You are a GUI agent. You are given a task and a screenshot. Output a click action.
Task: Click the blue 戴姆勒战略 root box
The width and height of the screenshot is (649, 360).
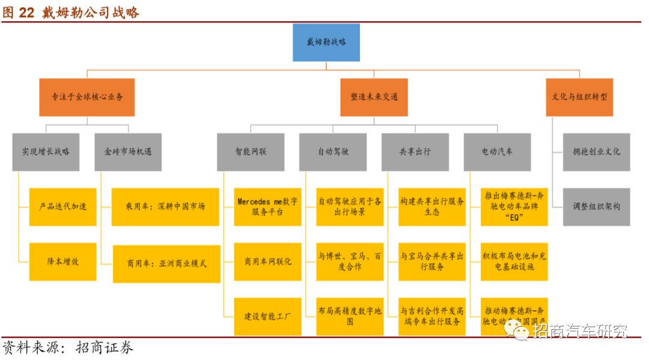pyautogui.click(x=326, y=42)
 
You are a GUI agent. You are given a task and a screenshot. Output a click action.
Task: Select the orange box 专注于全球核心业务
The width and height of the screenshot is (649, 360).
pyautogui.click(x=87, y=96)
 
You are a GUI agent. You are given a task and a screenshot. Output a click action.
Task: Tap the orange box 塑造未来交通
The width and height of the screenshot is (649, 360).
pyautogui.click(x=374, y=96)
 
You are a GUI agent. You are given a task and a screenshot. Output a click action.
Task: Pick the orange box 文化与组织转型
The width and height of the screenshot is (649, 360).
pyautogui.click(x=579, y=96)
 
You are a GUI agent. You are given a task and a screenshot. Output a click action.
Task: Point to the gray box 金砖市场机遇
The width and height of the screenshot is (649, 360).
pyautogui.click(x=128, y=151)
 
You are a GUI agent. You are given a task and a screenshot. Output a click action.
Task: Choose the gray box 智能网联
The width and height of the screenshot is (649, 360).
pyautogui.click(x=251, y=151)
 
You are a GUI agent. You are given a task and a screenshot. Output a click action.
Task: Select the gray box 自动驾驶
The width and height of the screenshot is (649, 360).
pyautogui.click(x=333, y=151)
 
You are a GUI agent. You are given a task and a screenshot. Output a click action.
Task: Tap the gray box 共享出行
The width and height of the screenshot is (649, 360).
pyautogui.click(x=415, y=151)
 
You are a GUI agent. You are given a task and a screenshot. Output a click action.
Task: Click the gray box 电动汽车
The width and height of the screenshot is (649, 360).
pyautogui.click(x=497, y=151)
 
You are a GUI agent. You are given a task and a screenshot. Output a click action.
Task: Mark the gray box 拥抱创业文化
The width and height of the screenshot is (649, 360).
pyautogui.click(x=596, y=151)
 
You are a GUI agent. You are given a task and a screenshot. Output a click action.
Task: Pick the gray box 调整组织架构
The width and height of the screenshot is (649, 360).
pyautogui.click(x=596, y=206)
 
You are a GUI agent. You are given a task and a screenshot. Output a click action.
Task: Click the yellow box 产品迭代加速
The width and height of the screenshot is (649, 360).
pyautogui.click(x=62, y=206)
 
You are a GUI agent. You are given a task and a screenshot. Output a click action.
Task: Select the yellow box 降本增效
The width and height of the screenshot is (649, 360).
pyautogui.click(x=62, y=261)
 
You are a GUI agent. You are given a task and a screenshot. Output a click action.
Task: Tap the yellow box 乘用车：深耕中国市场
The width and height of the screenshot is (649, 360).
pyautogui.click(x=165, y=206)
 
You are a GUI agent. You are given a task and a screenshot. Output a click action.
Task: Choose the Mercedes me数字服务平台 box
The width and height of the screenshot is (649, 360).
pyautogui.click(x=267, y=206)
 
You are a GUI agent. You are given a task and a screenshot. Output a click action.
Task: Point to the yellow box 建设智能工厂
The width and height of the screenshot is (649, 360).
pyautogui.click(x=267, y=316)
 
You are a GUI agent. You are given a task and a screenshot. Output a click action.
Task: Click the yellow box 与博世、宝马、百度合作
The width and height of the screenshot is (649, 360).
pyautogui.click(x=350, y=261)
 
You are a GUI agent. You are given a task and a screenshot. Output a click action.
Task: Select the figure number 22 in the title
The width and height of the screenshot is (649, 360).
pyautogui.click(x=26, y=13)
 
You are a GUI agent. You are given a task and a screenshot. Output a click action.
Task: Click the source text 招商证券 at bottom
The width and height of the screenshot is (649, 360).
pyautogui.click(x=105, y=347)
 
